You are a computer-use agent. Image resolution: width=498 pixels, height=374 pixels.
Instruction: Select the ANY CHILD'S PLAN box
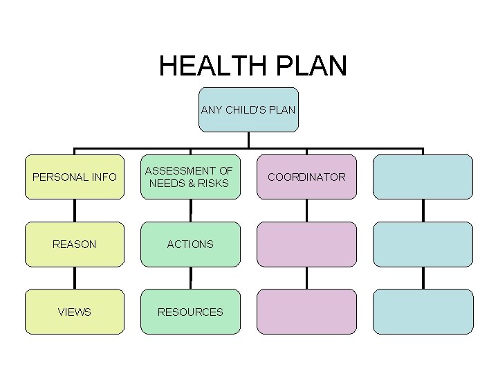click(x=248, y=109)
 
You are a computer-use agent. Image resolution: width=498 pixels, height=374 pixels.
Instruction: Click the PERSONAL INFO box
click(x=75, y=177)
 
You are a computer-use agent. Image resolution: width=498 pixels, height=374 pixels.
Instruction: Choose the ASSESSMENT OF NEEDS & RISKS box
click(x=190, y=177)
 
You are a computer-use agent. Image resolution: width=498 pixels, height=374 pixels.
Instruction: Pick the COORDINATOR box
click(x=306, y=177)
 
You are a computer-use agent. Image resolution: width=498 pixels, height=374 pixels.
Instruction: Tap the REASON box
click(x=75, y=244)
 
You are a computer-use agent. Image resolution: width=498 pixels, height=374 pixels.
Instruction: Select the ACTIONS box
click(x=190, y=244)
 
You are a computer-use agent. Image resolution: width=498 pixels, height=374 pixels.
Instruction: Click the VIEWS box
click(x=75, y=312)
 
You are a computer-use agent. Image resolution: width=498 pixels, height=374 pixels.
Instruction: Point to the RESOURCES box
click(x=190, y=312)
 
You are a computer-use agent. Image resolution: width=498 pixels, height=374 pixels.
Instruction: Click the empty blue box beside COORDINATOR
click(x=423, y=177)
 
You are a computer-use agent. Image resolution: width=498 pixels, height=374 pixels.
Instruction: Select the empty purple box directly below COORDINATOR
click(x=306, y=244)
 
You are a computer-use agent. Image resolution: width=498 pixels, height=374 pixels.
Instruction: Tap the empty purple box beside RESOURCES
click(x=306, y=312)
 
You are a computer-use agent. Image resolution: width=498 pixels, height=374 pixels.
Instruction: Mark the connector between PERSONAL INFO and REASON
click(x=75, y=211)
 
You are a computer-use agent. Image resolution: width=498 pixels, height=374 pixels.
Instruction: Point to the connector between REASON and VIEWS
click(x=75, y=278)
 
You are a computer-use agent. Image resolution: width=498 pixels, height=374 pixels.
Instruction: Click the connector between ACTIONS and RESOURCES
click(x=190, y=278)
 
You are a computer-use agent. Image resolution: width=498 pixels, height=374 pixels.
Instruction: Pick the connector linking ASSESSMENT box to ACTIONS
click(x=190, y=211)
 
